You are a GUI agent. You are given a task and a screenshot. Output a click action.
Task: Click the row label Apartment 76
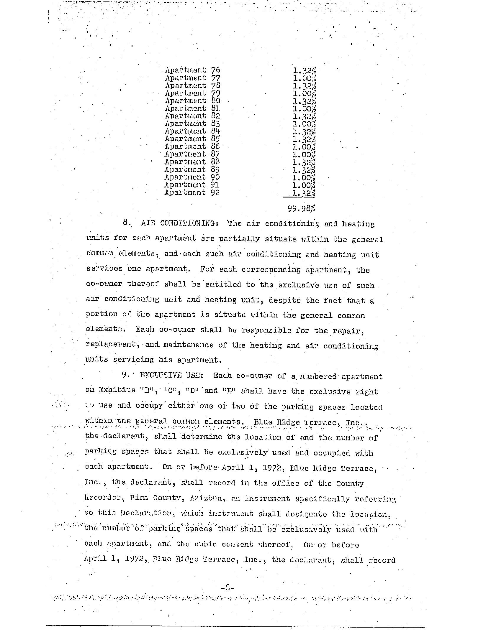(192, 70)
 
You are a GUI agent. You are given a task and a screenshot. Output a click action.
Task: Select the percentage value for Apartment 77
(305, 78)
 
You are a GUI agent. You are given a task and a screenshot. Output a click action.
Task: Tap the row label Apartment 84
(192, 131)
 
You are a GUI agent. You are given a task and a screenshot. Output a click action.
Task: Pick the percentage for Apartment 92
(305, 193)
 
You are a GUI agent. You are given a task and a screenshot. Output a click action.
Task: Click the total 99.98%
(301, 209)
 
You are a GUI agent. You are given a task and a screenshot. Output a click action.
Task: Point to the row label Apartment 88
(192, 162)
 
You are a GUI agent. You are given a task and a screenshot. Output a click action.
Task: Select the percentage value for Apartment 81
(305, 109)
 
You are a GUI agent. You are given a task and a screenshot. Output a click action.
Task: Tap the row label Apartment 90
(192, 177)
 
